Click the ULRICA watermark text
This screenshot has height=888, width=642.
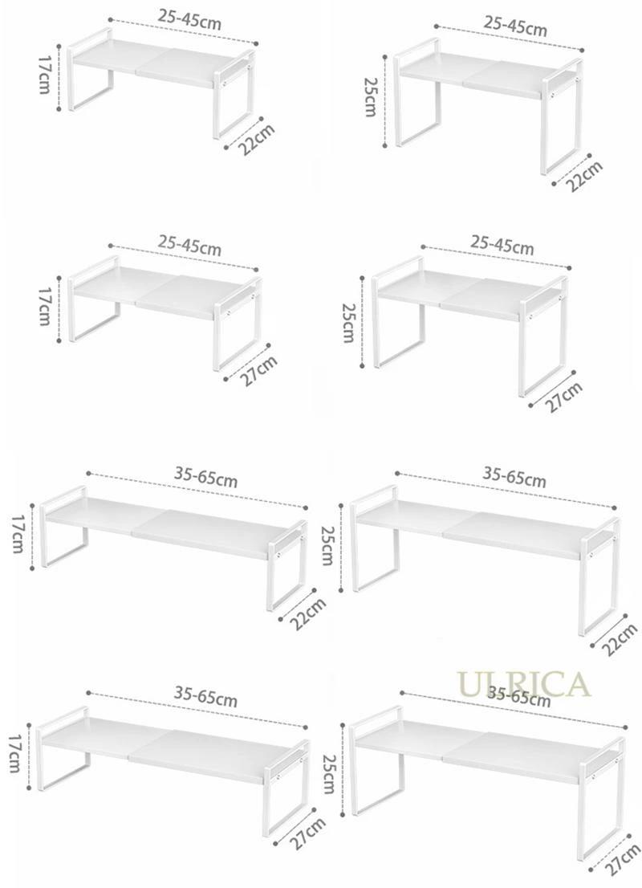pyautogui.click(x=524, y=684)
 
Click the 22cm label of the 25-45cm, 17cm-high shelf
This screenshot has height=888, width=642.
pyautogui.click(x=257, y=140)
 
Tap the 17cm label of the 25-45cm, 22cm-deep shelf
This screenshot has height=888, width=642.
pyautogui.click(x=43, y=75)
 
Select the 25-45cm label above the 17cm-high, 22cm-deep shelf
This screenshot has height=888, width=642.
pyautogui.click(x=189, y=20)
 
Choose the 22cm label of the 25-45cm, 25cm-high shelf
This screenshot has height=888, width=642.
pyautogui.click(x=584, y=176)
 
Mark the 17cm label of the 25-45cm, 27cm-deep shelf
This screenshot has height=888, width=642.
pyautogui.click(x=43, y=306)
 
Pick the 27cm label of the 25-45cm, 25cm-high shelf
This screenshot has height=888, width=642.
pyautogui.click(x=564, y=397)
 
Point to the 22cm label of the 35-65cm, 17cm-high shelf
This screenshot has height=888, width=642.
pyautogui.click(x=308, y=613)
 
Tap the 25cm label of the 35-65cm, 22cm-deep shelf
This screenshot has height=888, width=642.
pyautogui.click(x=327, y=545)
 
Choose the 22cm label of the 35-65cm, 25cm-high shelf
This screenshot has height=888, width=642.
pyautogui.click(x=620, y=640)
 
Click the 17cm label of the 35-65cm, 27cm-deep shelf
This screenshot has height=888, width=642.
pyautogui.click(x=15, y=754)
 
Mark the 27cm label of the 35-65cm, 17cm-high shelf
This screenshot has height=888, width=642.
pyautogui.click(x=308, y=833)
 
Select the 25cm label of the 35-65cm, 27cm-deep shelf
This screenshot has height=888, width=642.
pyautogui.click(x=328, y=774)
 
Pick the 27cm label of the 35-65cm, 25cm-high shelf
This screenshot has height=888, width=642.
pyautogui.click(x=623, y=861)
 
